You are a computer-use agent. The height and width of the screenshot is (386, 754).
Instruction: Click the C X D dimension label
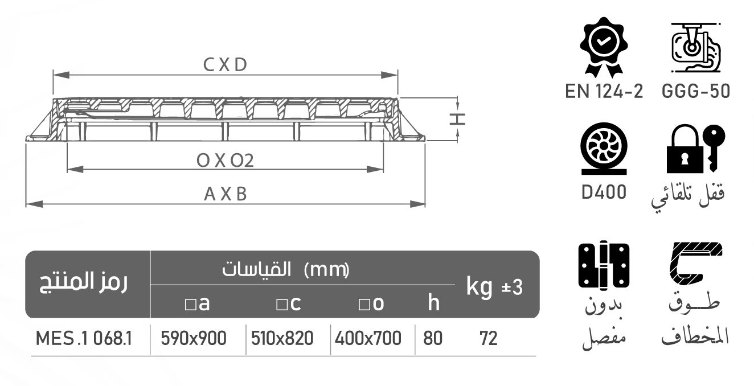tap(225, 65)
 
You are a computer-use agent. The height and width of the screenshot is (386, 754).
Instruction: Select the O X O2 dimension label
tap(225, 161)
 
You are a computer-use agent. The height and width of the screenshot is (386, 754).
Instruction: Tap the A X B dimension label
tap(226, 194)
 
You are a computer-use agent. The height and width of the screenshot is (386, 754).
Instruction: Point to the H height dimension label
tap(458, 118)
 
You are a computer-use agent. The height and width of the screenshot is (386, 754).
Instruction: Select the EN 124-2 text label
tap(604, 92)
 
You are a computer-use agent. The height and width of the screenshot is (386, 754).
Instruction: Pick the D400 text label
tap(604, 192)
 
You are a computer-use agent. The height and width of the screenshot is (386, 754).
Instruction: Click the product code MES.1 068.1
tap(84, 339)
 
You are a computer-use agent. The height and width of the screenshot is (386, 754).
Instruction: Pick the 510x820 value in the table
tap(282, 339)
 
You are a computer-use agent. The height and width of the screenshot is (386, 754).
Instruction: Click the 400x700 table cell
tap(368, 339)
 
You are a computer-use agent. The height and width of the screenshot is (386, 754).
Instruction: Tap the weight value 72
tap(488, 339)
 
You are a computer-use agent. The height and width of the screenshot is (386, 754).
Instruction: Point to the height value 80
tap(433, 339)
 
